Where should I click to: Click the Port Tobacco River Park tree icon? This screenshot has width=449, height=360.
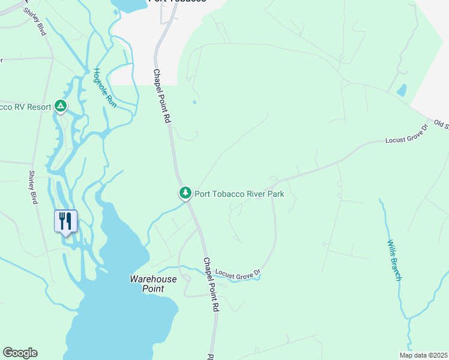click(x=185, y=193)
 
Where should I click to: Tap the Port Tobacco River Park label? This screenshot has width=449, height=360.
click(x=239, y=194)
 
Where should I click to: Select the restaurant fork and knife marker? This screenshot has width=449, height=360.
click(x=65, y=221)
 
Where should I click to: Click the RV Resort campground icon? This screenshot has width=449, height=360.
click(x=60, y=106)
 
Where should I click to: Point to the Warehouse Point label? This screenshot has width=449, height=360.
click(x=154, y=284)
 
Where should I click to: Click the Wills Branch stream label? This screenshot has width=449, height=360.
click(x=394, y=260)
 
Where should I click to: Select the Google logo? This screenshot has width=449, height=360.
click(x=20, y=353)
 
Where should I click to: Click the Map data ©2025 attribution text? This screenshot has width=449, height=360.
click(x=423, y=355)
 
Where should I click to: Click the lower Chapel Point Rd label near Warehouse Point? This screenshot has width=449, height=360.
click(x=210, y=284)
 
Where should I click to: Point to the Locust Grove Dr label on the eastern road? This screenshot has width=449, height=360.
click(x=405, y=137)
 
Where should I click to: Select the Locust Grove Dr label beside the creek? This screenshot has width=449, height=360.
click(x=238, y=273)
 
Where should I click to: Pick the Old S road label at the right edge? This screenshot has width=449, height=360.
click(x=441, y=125)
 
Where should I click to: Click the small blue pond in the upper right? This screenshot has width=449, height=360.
click(x=402, y=91)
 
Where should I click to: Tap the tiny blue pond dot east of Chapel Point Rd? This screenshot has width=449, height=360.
click(x=194, y=102)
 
